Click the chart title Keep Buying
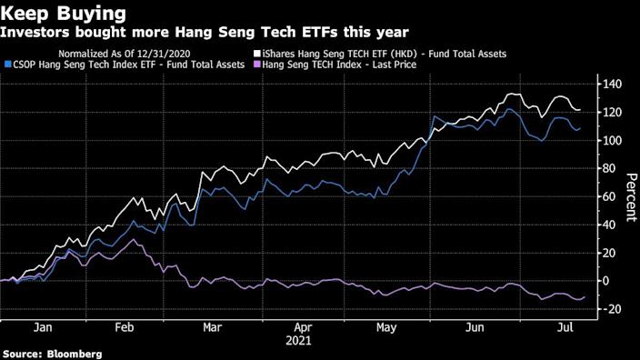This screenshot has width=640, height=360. click(56, 14)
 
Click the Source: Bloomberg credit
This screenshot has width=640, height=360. click(52, 353)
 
